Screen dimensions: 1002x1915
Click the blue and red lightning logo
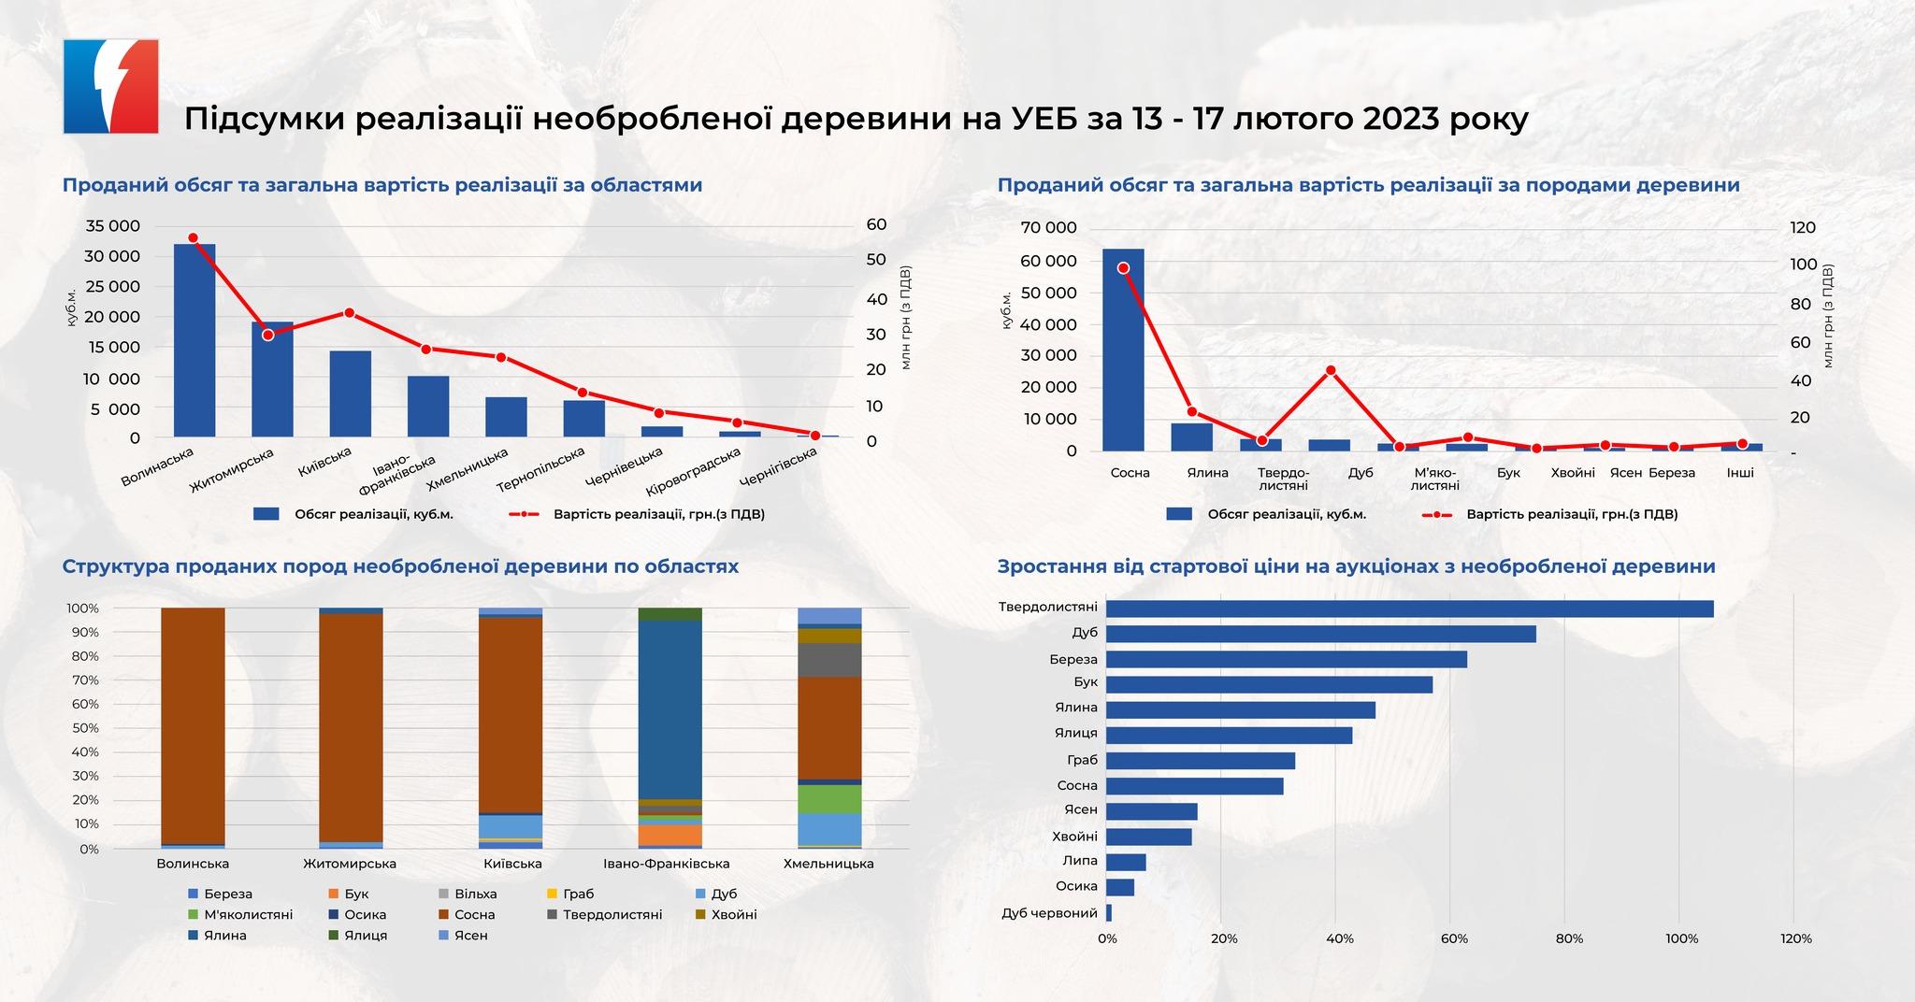tap(110, 86)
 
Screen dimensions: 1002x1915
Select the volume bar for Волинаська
tap(194, 340)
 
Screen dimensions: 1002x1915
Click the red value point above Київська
tap(349, 312)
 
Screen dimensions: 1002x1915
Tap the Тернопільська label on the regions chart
tap(540, 469)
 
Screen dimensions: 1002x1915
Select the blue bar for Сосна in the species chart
tap(1123, 350)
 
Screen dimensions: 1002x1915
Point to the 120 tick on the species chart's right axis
tap(1802, 228)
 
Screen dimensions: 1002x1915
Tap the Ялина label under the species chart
tap(1207, 473)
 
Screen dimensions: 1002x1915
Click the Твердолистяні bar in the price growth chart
tap(1410, 608)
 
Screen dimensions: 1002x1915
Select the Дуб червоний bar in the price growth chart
tap(1109, 912)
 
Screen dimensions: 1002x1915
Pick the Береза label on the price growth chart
tap(1073, 659)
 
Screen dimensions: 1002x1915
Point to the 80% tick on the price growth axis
tap(1569, 938)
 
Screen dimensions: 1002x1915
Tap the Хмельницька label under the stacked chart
tap(828, 864)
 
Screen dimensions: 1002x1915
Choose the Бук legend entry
tap(356, 894)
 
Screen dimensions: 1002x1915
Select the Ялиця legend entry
tap(366, 935)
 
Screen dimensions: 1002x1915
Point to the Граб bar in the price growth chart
tap(1201, 761)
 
